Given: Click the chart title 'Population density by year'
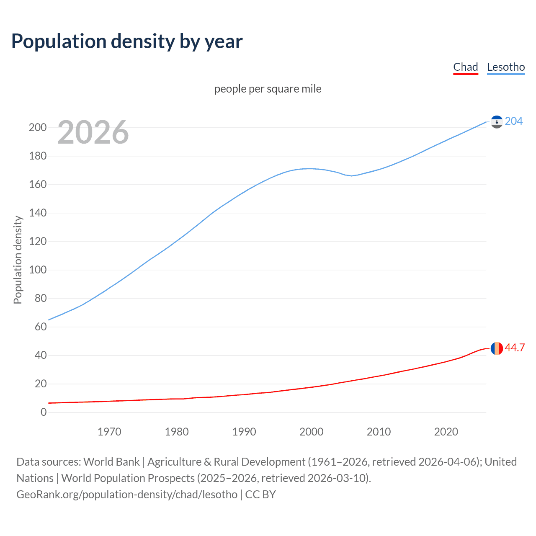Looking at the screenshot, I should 127,41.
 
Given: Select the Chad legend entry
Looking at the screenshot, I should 465,67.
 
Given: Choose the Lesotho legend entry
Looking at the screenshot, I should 506,67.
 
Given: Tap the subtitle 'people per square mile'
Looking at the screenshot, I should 268,89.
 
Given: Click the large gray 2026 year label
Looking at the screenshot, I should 93,132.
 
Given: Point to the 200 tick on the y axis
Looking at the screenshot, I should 37,127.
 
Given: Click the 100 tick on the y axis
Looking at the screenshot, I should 37,270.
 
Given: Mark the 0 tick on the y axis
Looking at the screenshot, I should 43,412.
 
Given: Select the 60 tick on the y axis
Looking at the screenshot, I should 40,327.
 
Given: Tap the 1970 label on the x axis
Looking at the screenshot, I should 109,432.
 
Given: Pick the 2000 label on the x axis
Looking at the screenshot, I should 311,432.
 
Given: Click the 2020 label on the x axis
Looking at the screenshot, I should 446,432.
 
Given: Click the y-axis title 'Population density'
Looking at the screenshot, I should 18,260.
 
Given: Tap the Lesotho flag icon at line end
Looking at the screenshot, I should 497,122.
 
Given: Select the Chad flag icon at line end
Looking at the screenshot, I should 497,348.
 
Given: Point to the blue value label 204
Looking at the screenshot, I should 513,121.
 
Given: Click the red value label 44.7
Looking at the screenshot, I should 515,348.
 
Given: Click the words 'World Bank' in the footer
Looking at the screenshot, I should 111,462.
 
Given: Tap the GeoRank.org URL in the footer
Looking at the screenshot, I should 127,495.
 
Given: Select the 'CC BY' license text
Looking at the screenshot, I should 260,495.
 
